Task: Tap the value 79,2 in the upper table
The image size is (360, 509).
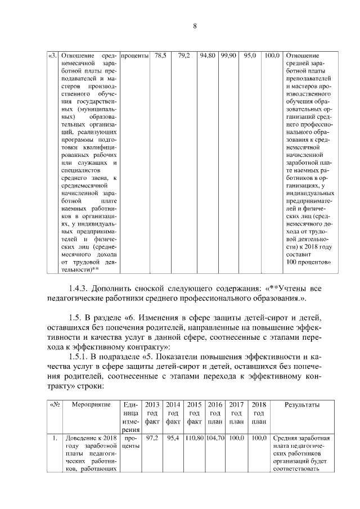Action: tap(184, 56)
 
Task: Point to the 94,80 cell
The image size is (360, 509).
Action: tap(208, 56)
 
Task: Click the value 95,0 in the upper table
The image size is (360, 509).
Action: tap(250, 56)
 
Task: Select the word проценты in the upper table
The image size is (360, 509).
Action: tap(134, 56)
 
